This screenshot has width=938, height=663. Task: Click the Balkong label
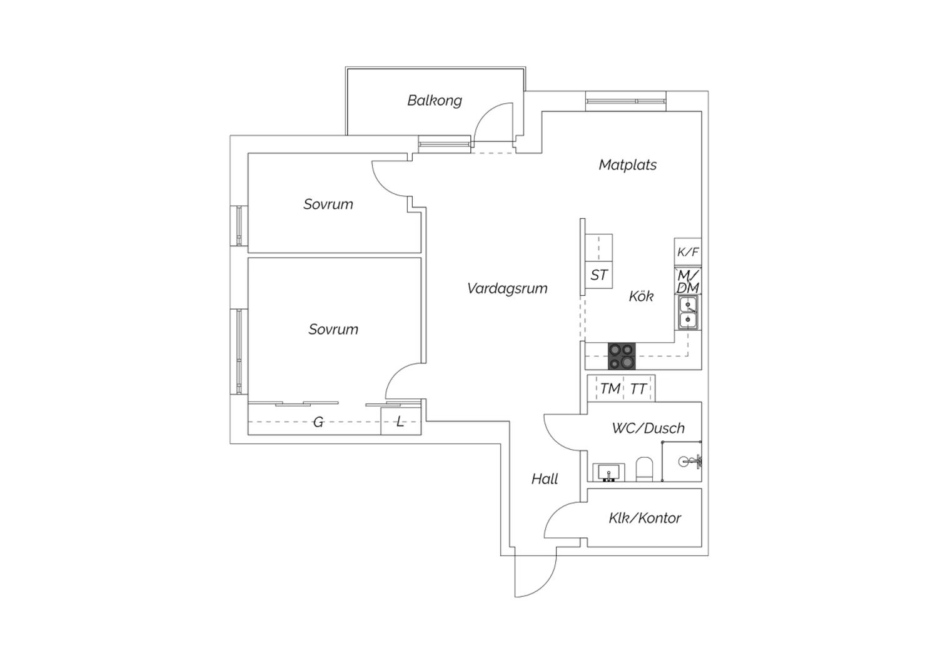click(435, 101)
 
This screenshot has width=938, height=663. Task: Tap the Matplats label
click(627, 164)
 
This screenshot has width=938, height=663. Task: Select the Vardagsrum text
click(507, 288)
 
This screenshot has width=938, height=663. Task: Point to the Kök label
click(641, 296)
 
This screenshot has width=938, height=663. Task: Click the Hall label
click(545, 478)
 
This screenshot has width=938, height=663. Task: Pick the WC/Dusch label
click(648, 428)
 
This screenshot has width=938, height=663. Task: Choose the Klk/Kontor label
click(645, 518)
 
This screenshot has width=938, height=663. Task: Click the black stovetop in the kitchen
click(622, 356)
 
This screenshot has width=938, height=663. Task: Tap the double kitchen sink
click(688, 313)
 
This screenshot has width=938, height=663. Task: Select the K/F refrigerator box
click(688, 251)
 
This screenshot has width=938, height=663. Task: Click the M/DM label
click(688, 281)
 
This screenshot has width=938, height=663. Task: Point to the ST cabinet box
click(599, 275)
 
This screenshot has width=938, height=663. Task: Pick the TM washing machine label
click(610, 388)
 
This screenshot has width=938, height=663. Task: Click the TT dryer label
click(638, 389)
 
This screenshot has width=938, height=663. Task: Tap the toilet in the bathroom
click(644, 469)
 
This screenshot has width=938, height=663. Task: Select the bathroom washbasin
click(608, 472)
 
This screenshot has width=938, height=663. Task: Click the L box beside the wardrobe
click(401, 422)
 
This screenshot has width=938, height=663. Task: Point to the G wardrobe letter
click(318, 422)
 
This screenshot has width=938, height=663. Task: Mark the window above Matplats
click(625, 101)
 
